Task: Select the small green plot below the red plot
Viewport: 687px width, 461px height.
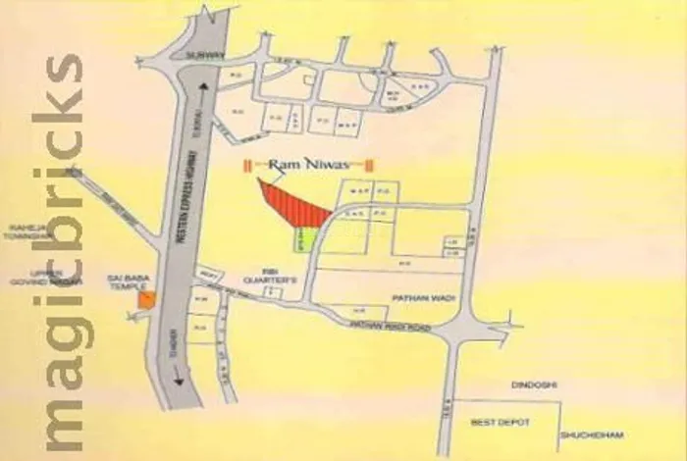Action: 303,238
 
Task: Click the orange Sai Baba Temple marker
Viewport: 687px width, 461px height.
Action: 146,300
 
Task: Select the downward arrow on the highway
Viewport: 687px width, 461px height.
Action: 180,378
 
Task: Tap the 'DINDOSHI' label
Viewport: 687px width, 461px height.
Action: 532,384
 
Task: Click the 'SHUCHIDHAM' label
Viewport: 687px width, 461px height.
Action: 592,435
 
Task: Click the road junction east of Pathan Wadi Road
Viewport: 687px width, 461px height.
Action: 454,333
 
